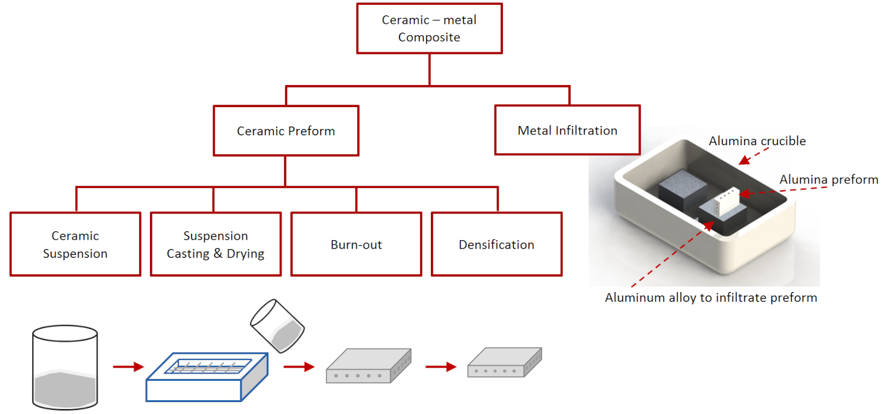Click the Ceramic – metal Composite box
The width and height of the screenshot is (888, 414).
pyautogui.click(x=429, y=29)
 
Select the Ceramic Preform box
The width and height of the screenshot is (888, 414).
pyautogui.click(x=286, y=131)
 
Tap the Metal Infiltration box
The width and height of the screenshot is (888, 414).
pyautogui.click(x=567, y=130)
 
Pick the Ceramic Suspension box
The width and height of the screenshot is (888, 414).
pyautogui.click(x=75, y=244)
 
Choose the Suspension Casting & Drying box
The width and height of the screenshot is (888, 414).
pyautogui.click(x=215, y=244)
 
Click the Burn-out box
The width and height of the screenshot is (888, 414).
pyautogui.click(x=356, y=244)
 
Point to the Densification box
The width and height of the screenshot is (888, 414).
pyautogui.click(x=496, y=244)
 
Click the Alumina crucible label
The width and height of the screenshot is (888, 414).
pyautogui.click(x=757, y=141)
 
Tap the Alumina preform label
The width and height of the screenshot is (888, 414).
pyautogui.click(x=828, y=179)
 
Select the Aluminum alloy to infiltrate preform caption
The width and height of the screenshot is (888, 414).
pyautogui.click(x=711, y=297)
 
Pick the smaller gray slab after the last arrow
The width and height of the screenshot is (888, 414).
pyautogui.click(x=505, y=363)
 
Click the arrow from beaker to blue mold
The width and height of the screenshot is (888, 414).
pyautogui.click(x=128, y=366)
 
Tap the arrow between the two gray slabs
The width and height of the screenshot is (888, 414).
pyautogui.click(x=440, y=366)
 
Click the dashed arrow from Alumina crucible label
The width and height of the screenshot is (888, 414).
pyautogui.click(x=752, y=156)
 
